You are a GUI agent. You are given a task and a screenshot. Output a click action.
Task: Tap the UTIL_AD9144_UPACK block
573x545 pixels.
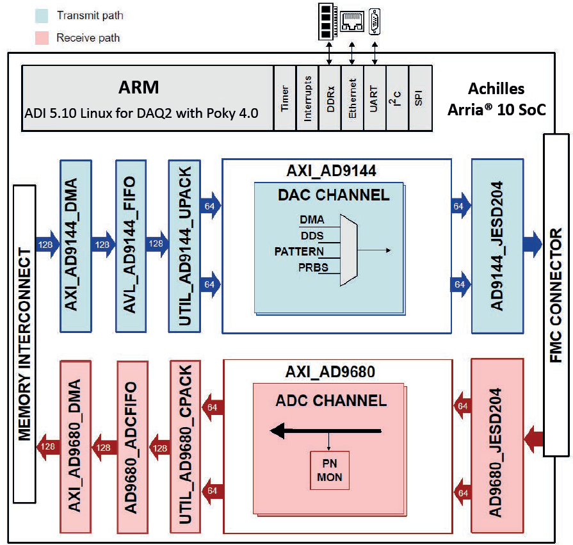pyautogui.click(x=184, y=246)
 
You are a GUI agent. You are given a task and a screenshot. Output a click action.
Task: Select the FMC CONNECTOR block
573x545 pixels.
pyautogui.click(x=556, y=295)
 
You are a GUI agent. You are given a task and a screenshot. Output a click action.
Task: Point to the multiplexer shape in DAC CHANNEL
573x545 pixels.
pyautogui.click(x=350, y=250)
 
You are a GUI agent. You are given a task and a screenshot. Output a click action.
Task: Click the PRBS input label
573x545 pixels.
pyautogui.click(x=313, y=266)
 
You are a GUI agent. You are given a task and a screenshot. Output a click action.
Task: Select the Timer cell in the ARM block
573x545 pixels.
pyautogui.click(x=286, y=98)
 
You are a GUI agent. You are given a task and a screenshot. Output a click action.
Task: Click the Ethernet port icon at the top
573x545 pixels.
pyautogui.click(x=351, y=22)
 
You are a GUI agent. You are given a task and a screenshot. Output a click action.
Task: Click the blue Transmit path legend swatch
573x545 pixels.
pyautogui.click(x=42, y=15)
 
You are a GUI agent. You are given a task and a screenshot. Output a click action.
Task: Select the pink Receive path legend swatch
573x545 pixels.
pyautogui.click(x=42, y=38)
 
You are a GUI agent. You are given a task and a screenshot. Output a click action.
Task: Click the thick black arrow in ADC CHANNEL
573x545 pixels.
pyautogui.click(x=327, y=432)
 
